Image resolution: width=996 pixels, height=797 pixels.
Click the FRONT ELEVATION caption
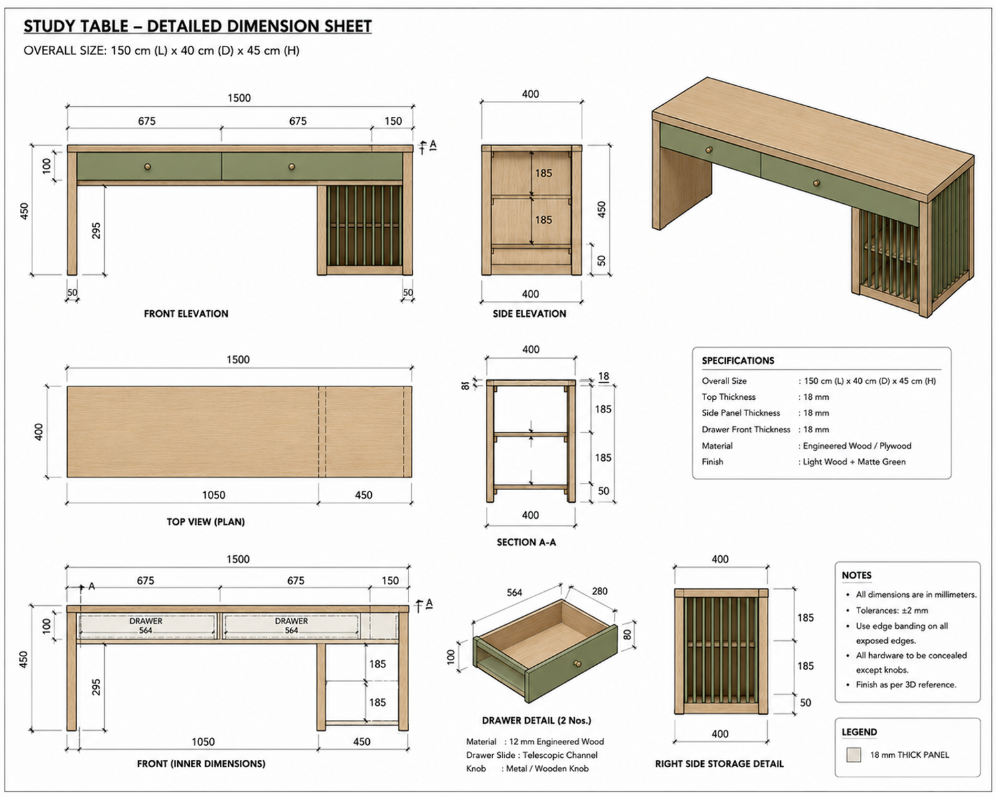point(186,313)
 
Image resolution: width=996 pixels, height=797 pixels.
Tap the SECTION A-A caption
point(527,542)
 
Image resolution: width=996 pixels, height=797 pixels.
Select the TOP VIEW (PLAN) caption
point(205,521)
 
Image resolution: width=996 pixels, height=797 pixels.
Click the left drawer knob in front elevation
point(147,167)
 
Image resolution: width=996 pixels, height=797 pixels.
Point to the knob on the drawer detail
point(577,664)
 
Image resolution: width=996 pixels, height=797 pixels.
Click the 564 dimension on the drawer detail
point(514,592)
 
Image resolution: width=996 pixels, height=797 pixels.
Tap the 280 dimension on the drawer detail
point(600,591)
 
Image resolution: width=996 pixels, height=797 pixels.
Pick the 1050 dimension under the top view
point(213,495)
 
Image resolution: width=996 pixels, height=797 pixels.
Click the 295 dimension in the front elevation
point(96,230)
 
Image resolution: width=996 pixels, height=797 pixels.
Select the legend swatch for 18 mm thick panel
point(853,754)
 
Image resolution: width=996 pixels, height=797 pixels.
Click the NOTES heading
point(856,575)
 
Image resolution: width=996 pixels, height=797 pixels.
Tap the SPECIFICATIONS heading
point(738,361)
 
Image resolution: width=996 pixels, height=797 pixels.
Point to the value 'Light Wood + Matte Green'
point(854,462)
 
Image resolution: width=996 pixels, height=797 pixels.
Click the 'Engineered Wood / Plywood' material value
point(857,446)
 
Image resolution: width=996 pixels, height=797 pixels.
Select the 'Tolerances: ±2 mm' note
point(892,610)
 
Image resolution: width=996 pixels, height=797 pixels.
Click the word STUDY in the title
point(50,27)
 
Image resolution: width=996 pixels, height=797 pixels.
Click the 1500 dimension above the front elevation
point(239,98)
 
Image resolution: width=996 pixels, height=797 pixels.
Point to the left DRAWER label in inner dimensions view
point(146,621)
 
